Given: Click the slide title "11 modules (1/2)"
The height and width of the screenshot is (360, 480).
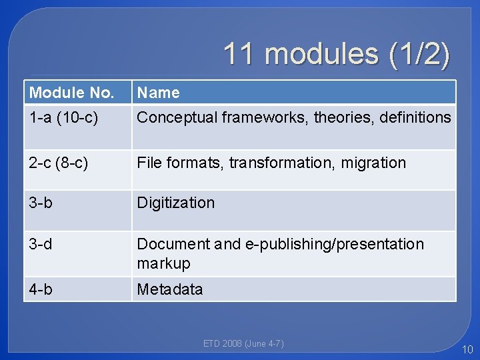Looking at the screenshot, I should (x=336, y=54).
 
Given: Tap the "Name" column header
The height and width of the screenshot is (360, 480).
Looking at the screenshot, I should (x=158, y=93).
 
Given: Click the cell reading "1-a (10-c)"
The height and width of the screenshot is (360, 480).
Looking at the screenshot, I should (x=64, y=118).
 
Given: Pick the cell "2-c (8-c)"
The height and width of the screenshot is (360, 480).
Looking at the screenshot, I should (x=59, y=163).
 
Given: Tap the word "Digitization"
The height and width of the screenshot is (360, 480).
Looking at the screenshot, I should (x=176, y=203).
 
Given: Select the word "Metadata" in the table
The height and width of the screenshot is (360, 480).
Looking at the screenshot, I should (x=170, y=289).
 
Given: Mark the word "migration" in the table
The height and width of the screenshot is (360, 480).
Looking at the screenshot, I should (x=375, y=163).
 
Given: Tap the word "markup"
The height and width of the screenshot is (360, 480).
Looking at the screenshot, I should (x=163, y=263).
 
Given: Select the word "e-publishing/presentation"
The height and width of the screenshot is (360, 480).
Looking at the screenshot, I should (x=335, y=244).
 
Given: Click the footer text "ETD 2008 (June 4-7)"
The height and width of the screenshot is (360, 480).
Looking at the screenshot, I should (x=243, y=344).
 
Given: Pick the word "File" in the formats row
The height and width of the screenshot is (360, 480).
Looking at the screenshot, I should (x=149, y=163).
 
